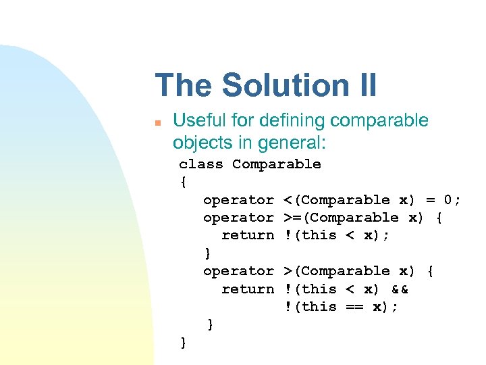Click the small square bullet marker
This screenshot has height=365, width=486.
(157, 123)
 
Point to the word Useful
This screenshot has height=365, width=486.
(198, 121)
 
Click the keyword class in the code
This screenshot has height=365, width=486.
(200, 164)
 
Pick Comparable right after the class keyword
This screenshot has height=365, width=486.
(277, 164)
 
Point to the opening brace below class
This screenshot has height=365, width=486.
(183, 182)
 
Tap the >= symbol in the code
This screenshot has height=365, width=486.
(291, 218)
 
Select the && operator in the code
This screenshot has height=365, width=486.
(399, 289)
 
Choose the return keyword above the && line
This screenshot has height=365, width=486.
(248, 289)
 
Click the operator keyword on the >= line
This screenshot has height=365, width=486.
(238, 218)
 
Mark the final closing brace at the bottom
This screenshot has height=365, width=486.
(183, 343)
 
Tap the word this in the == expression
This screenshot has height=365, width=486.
(319, 307)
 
